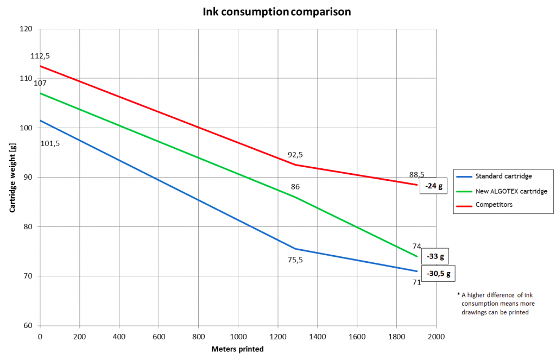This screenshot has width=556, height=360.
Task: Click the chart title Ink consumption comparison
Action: tap(277, 11)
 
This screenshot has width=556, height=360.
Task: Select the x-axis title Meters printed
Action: tap(237, 349)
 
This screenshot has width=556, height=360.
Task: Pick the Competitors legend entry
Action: tap(494, 205)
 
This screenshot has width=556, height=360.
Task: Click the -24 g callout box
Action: tap(434, 186)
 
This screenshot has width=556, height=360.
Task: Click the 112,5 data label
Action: tap(40, 56)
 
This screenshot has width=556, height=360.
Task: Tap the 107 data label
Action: tap(40, 83)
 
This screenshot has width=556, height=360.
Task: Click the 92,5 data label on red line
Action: tap(295, 155)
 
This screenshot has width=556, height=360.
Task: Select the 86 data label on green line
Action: tap(295, 187)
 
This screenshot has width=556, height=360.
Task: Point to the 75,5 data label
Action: tap(295, 260)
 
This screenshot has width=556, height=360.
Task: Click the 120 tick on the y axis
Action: tap(26, 29)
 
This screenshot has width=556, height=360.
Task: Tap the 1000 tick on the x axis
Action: tap(238, 337)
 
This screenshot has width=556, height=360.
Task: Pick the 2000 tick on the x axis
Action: tap(436, 337)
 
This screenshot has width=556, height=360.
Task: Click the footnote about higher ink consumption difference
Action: tap(495, 303)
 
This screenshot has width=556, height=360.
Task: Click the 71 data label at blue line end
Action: tap(416, 282)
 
